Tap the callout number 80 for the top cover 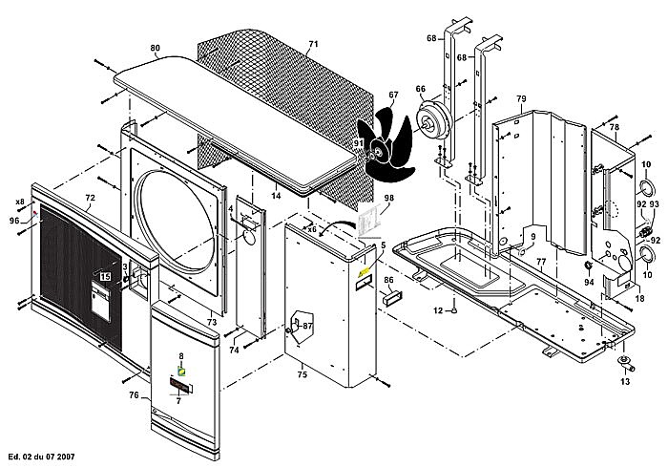coord(156,48)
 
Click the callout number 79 coord(521,99)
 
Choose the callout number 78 coord(615,127)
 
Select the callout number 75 coord(302,375)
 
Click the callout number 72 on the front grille coord(91,199)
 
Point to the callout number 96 coord(14,220)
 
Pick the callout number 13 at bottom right coord(626,381)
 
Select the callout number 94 coord(589,282)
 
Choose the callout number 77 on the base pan coord(540,260)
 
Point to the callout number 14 coord(276,195)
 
